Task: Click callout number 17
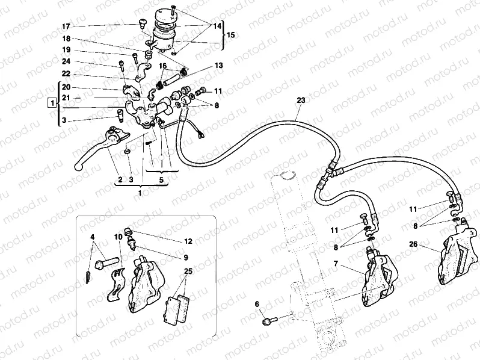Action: point(66,26)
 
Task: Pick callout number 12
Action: point(188,241)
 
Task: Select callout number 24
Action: point(66,61)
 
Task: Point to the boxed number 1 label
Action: point(53,104)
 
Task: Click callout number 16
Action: point(162,66)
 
